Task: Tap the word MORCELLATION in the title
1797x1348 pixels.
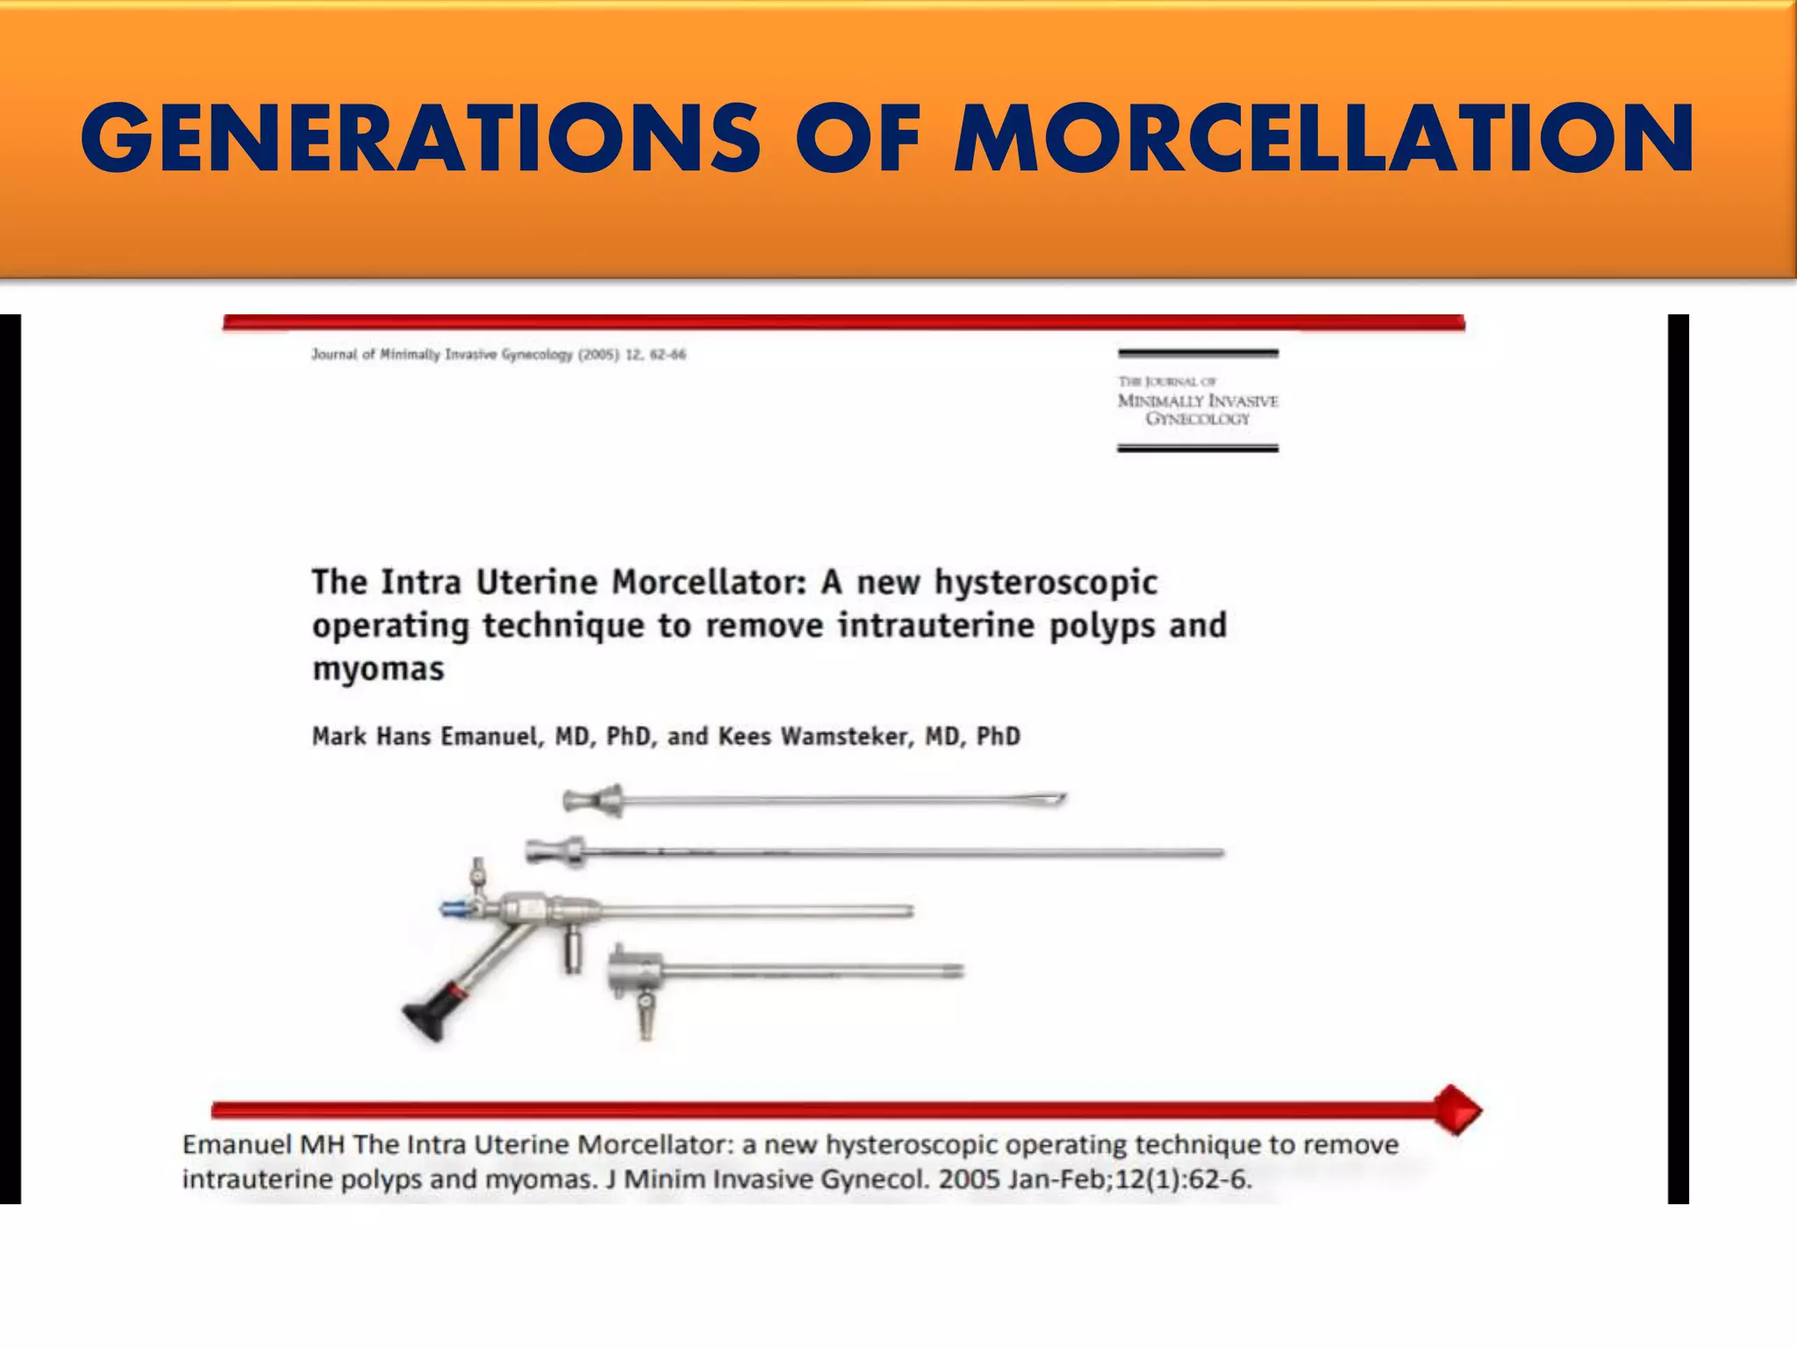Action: tap(1325, 139)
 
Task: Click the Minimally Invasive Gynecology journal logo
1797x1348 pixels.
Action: tap(1198, 401)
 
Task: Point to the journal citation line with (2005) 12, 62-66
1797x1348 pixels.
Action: tap(498, 355)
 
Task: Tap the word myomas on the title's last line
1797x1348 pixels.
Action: tap(378, 669)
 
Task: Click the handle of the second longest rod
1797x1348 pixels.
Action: tap(555, 851)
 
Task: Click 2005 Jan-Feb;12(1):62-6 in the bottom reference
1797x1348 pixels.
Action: tap(1094, 1179)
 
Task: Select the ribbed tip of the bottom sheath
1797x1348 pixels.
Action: tap(952, 971)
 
